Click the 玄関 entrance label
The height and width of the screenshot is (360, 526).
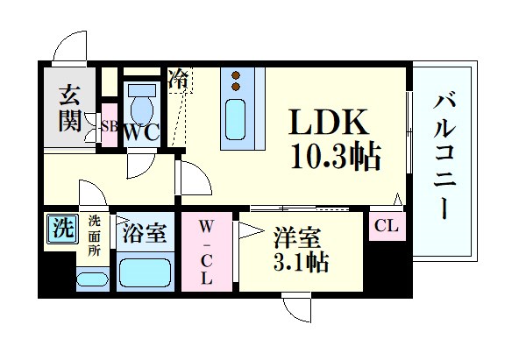point(70,109)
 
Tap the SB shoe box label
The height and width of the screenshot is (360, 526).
point(110,127)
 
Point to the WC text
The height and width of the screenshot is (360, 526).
point(141,132)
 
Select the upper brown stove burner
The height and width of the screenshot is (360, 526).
point(236,74)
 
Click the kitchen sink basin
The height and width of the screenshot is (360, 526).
point(235,120)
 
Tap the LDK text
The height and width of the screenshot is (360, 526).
point(328,122)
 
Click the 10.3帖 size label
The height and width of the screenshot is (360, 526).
point(336,157)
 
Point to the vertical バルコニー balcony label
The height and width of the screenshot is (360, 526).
point(444,157)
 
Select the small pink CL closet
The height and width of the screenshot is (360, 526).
point(387,226)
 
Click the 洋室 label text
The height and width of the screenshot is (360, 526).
point(297,237)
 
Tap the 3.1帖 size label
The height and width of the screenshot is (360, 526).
point(301,262)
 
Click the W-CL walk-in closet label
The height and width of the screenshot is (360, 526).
point(206,252)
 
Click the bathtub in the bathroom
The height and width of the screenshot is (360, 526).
point(144,272)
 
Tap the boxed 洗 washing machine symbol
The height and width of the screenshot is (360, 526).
point(62,229)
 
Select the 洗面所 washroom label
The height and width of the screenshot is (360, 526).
point(95,236)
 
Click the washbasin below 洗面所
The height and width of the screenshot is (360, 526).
point(93,279)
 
